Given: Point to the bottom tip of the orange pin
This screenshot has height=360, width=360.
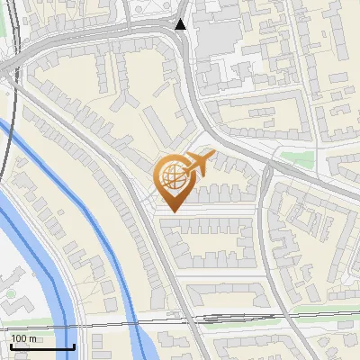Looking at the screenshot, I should tap(172, 211).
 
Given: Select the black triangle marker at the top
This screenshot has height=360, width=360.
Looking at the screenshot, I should tap(181, 24).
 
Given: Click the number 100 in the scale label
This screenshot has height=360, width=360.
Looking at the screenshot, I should tap(20, 338).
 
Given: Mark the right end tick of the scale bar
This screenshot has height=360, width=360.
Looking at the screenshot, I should tap(74, 346).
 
